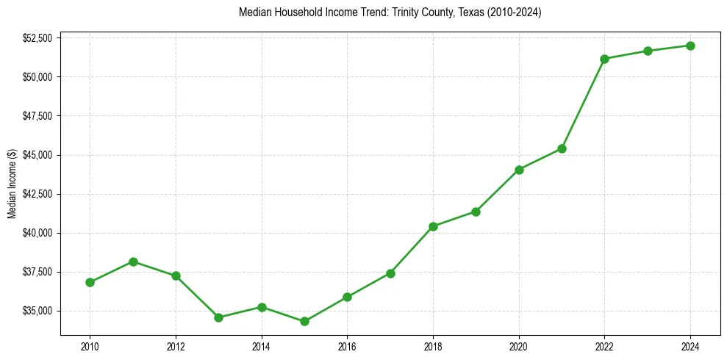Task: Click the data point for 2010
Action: click(90, 282)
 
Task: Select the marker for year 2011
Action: click(133, 262)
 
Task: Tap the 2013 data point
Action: click(218, 317)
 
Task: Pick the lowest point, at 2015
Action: click(304, 321)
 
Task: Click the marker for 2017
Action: click(390, 273)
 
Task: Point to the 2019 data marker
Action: click(476, 212)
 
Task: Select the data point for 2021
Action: click(562, 148)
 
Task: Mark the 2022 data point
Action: click(604, 59)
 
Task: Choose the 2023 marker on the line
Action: click(648, 51)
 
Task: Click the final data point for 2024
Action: click(690, 46)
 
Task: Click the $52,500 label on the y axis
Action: click(37, 38)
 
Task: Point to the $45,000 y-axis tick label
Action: click(37, 155)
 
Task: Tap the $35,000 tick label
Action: click(37, 311)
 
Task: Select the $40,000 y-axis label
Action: click(37, 233)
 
